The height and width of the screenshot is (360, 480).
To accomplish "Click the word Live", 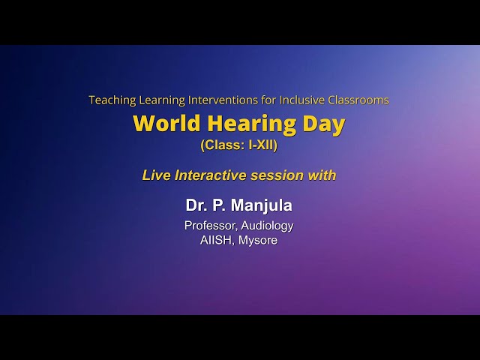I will [x=156, y=175].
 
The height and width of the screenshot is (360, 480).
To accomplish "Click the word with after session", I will [x=322, y=175].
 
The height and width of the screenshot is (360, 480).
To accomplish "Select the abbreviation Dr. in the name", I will [x=196, y=205].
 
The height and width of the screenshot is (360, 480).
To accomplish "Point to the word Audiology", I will [x=267, y=225].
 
